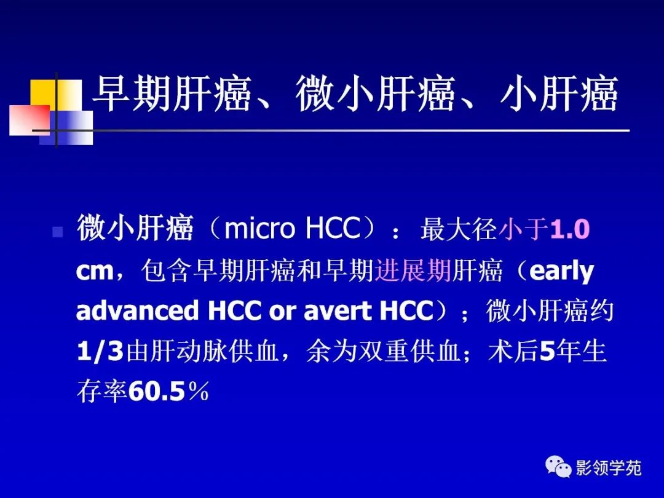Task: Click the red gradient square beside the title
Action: tap(29, 121)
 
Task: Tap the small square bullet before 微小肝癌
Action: tap(58, 232)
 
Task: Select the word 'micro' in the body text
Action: tap(259, 229)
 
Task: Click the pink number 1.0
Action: tap(570, 229)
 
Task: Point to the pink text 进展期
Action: tap(413, 270)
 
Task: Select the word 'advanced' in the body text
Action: tap(138, 311)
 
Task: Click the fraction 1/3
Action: tap(100, 352)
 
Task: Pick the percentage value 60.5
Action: tap(156, 392)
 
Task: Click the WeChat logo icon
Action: tap(558, 466)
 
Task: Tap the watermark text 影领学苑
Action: tap(609, 468)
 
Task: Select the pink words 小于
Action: tap(524, 229)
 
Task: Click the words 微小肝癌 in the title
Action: tap(375, 94)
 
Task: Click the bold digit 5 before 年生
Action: tap(547, 352)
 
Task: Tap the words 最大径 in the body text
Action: tap(459, 229)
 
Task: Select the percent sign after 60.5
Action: tap(198, 392)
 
